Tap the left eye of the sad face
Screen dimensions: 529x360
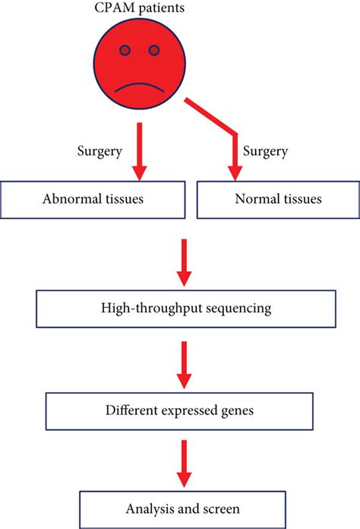(125, 51)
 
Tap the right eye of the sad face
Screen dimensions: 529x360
(154, 51)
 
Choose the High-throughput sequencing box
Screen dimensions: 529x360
(182, 308)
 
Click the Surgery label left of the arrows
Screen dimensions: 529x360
(99, 151)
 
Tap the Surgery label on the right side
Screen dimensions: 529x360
(265, 151)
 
